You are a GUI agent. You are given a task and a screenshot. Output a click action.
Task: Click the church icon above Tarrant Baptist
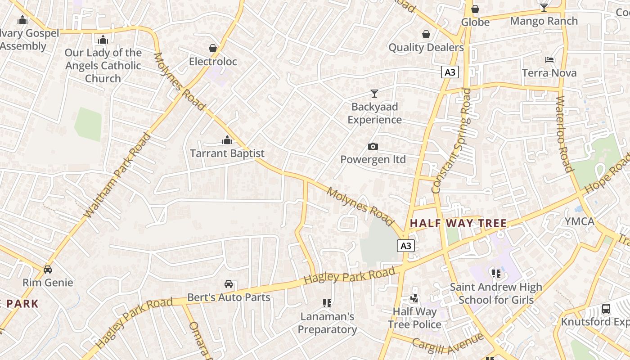pos(227,140)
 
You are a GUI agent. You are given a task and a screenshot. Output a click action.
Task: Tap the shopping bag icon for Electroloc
pos(213,48)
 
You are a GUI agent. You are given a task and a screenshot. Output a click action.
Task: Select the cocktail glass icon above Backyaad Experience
pos(374,93)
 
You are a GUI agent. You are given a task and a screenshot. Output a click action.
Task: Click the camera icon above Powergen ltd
pos(373,146)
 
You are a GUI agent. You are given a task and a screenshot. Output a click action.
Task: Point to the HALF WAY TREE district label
pos(458,223)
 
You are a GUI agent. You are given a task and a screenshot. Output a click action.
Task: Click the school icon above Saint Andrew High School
pos(496,273)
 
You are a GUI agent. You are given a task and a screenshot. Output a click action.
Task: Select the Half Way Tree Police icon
pos(414,298)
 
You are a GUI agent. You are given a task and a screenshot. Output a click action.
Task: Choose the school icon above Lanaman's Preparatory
pos(327,303)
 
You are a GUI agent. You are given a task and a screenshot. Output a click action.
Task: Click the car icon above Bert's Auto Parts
pos(229,284)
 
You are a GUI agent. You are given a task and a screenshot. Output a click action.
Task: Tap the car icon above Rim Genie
pos(48,269)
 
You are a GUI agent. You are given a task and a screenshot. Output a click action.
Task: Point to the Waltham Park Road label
pos(117,175)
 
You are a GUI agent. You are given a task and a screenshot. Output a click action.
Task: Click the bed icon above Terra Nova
pos(549,59)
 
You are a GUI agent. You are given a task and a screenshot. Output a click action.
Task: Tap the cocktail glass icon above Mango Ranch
pos(544,7)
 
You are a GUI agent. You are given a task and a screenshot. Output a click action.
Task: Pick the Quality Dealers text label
pos(426,47)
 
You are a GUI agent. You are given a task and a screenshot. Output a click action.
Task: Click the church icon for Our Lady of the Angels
pos(103,40)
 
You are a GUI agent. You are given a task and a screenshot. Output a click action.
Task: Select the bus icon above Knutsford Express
pos(606,308)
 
